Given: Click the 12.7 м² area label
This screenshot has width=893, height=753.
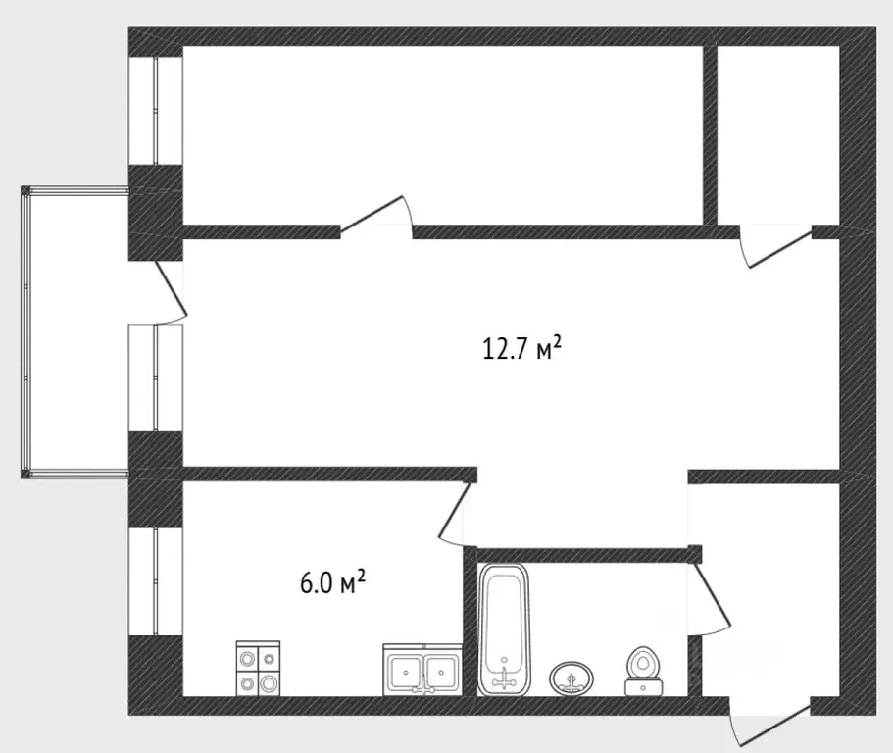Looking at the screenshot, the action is point(521,348).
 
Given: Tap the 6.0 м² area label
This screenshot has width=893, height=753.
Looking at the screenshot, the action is point(332,583).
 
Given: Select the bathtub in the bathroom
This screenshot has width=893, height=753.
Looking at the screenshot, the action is point(504,629).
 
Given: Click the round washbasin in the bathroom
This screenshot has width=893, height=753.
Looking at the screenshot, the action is point(571,678).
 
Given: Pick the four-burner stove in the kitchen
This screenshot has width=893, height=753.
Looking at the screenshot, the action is point(258,668).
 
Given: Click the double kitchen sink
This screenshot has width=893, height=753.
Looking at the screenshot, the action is point(422,670).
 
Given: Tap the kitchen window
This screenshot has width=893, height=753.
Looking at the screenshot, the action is point(156,581).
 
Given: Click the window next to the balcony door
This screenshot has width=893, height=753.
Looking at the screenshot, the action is point(156,377).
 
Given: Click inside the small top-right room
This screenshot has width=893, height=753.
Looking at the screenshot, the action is point(778,135).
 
